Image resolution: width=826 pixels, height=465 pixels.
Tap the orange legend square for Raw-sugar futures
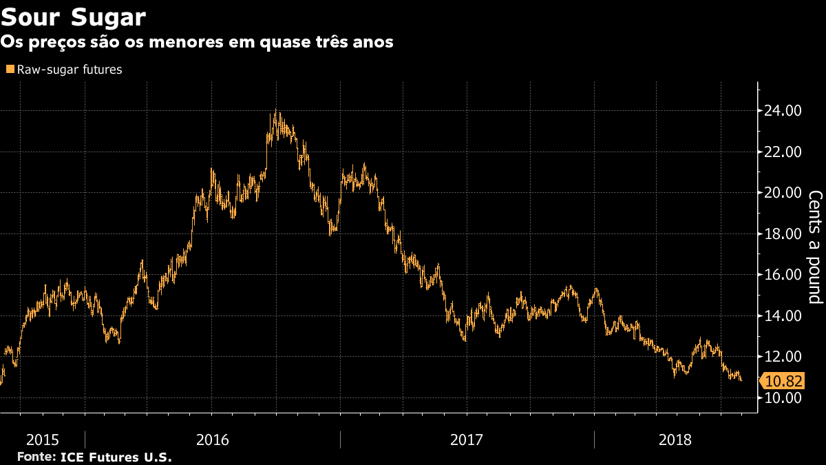tap(10, 70)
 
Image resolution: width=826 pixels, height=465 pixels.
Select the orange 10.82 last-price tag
tap(783, 381)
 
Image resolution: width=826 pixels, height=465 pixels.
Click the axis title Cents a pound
tap(814, 248)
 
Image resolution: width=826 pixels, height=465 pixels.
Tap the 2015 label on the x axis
tap(42, 439)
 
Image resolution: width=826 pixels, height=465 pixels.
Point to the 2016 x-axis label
tap(213, 439)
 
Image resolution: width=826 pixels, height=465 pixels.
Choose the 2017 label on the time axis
tap(467, 439)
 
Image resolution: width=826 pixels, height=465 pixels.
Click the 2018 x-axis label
tap(675, 439)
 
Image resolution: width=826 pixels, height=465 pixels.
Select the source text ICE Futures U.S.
tap(116, 457)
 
